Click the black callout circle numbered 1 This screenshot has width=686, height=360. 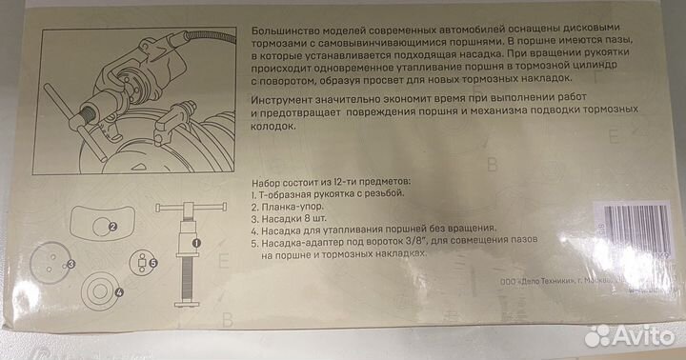click(195, 243)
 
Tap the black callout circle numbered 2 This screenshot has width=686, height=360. click(111, 227)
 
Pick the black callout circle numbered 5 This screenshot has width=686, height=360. click(152, 261)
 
